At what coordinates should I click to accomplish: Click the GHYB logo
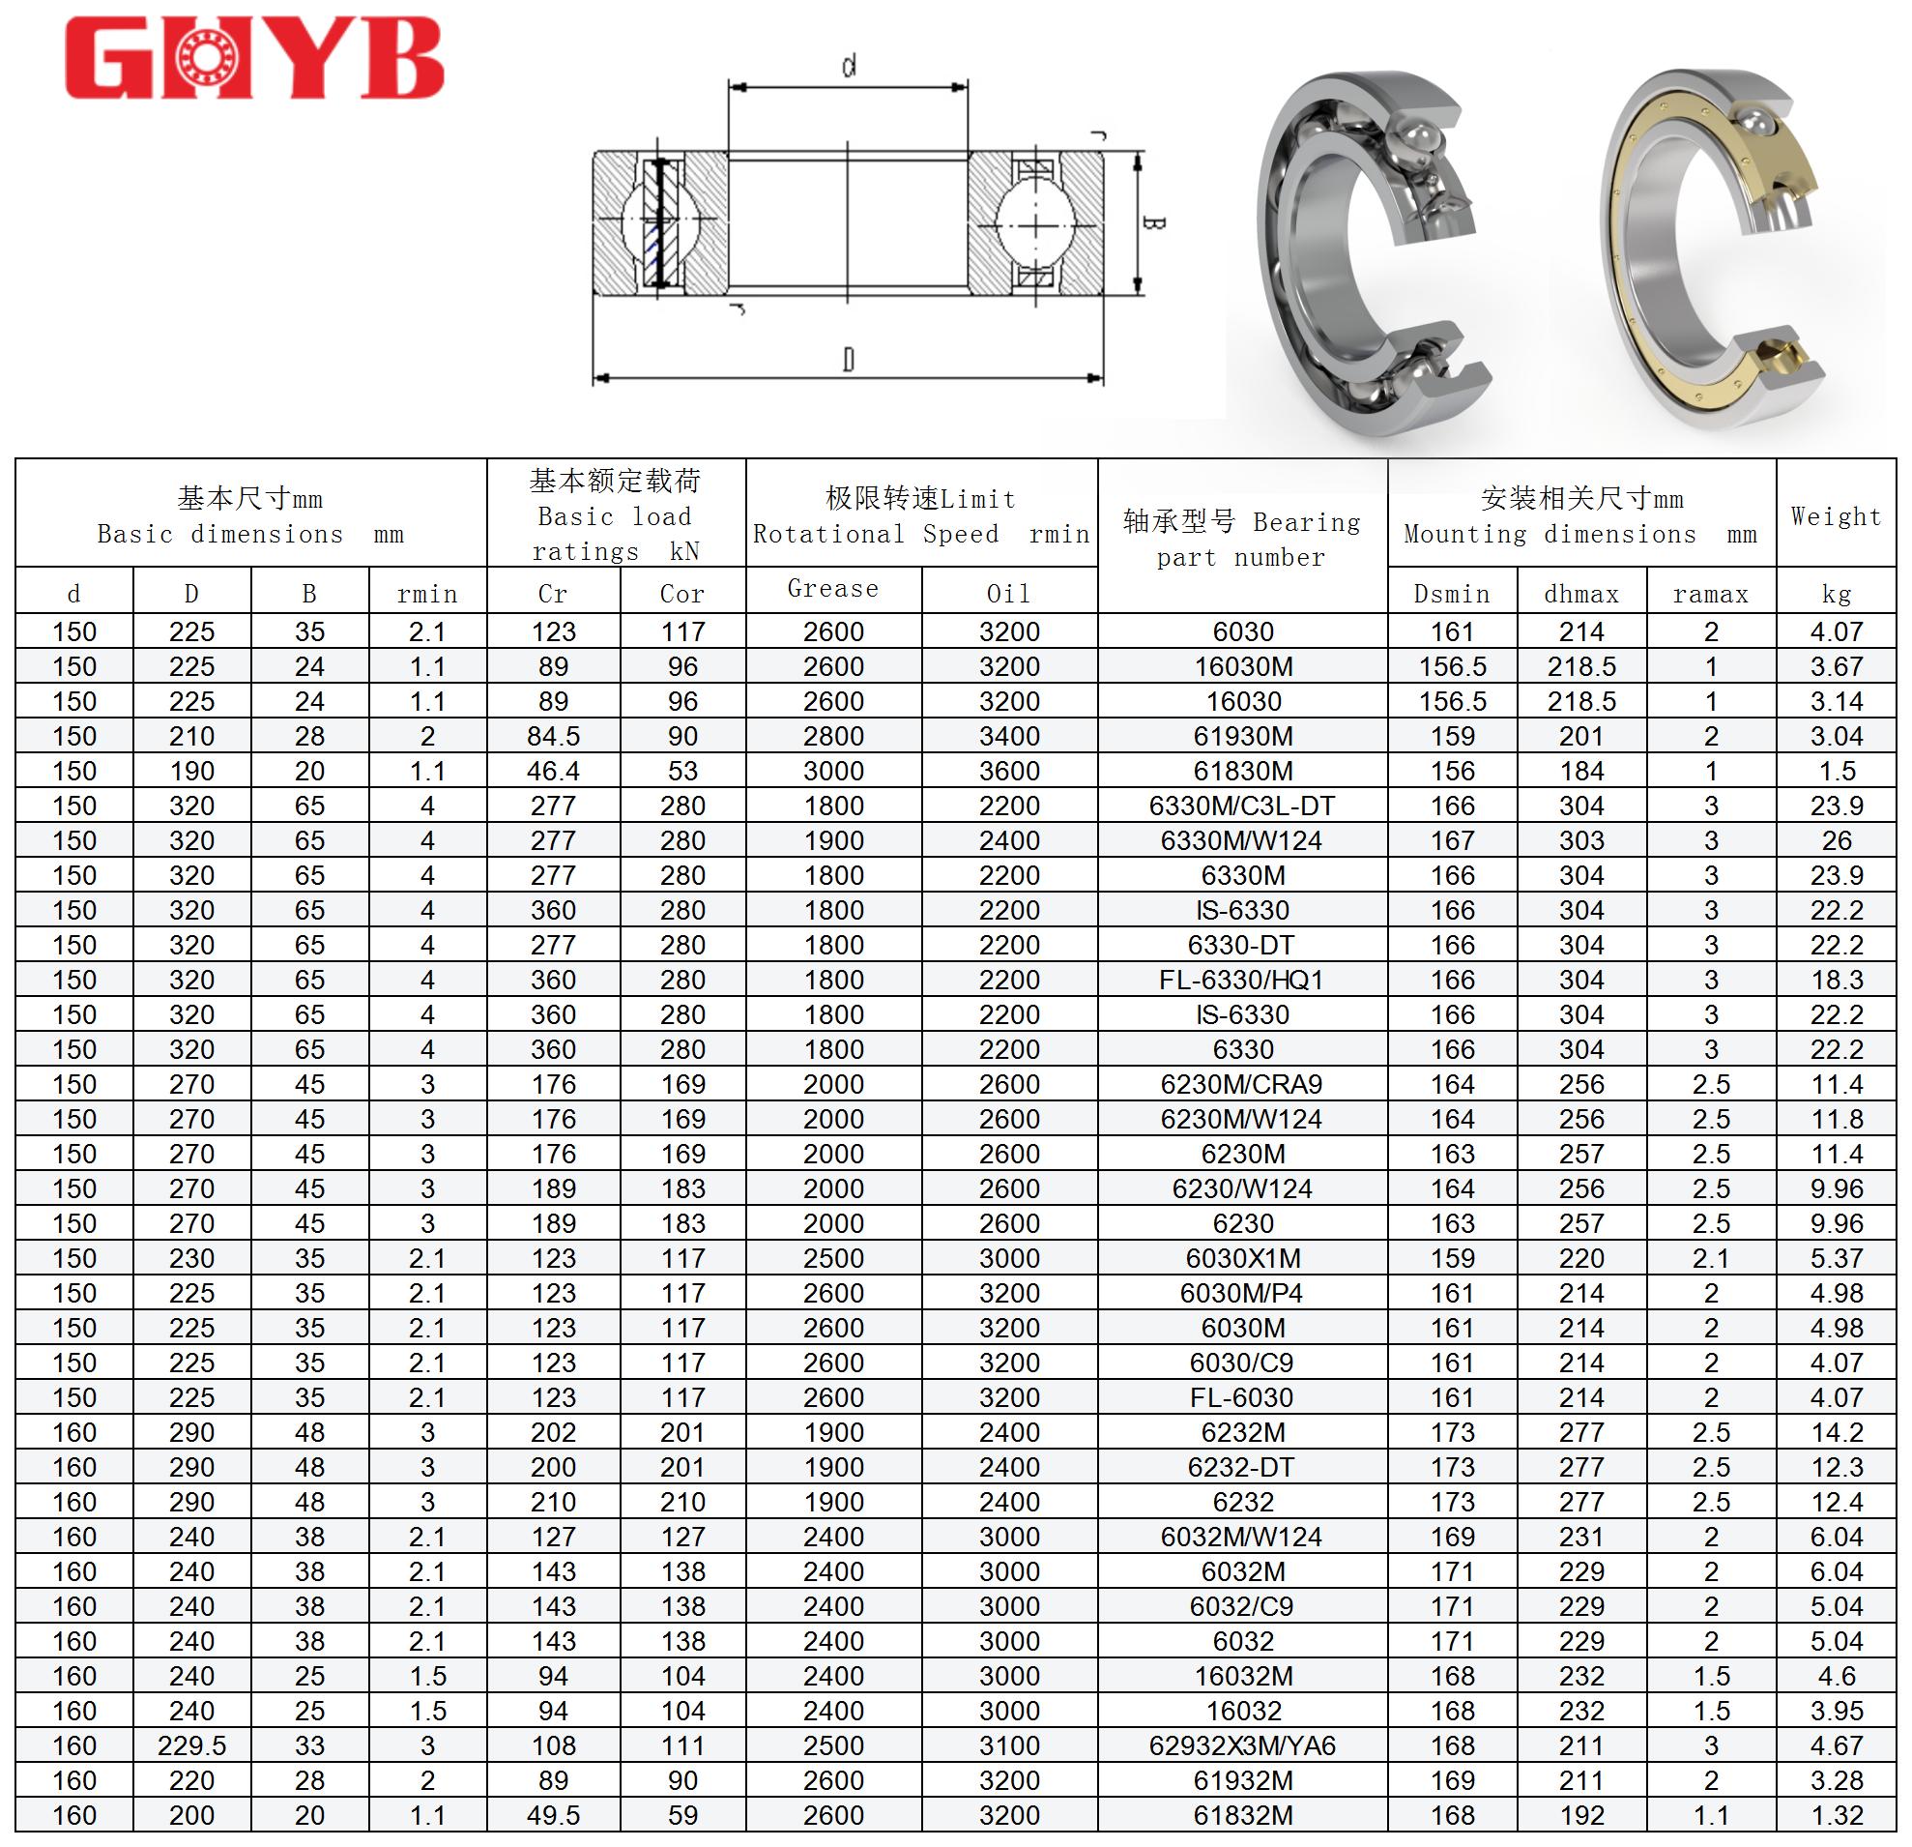(x=253, y=59)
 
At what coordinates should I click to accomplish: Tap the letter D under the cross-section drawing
(x=849, y=360)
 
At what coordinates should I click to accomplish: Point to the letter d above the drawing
(x=850, y=67)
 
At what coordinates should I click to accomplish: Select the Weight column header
(x=1836, y=516)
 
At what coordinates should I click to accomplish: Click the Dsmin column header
(x=1452, y=594)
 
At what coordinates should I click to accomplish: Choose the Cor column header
(x=681, y=594)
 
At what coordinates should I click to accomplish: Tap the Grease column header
(x=833, y=588)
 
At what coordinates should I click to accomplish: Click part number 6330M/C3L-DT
(x=1242, y=806)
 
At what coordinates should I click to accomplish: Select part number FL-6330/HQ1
(x=1242, y=980)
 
